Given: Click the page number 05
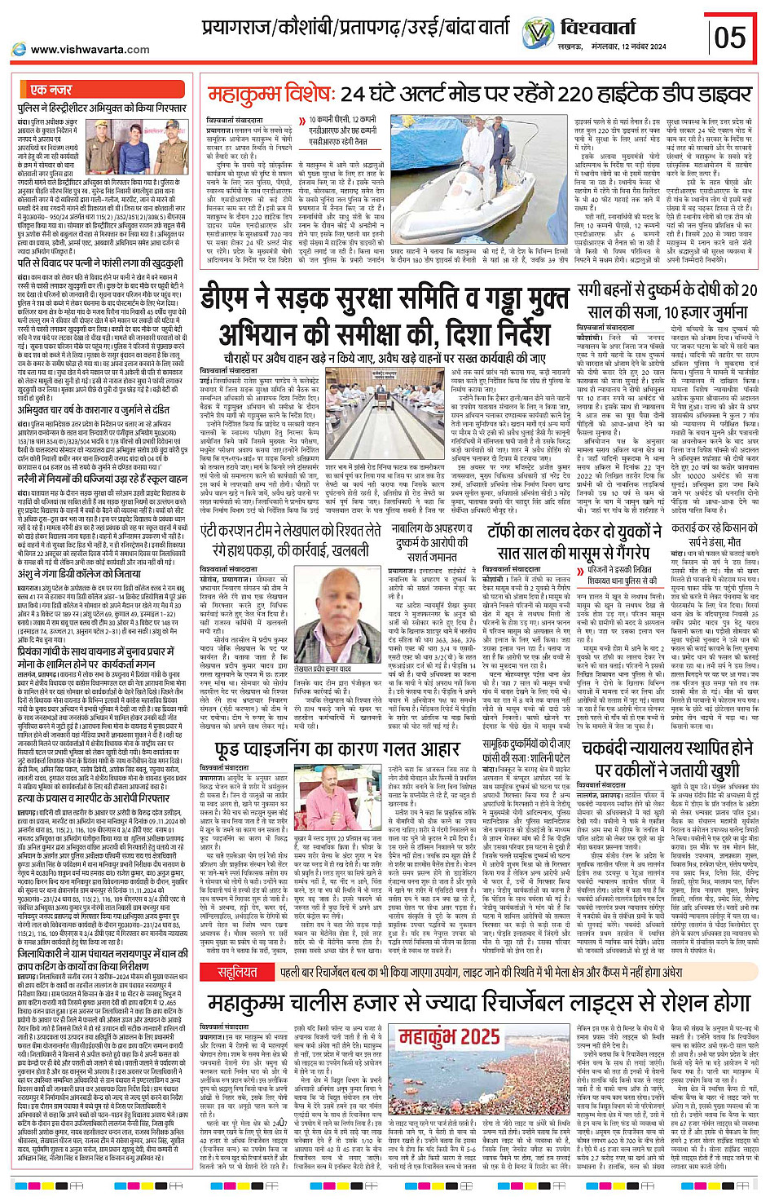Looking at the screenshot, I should click(x=729, y=37).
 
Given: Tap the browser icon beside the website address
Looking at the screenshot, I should click(x=19, y=50).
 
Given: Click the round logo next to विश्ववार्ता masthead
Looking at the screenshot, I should click(x=539, y=33).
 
